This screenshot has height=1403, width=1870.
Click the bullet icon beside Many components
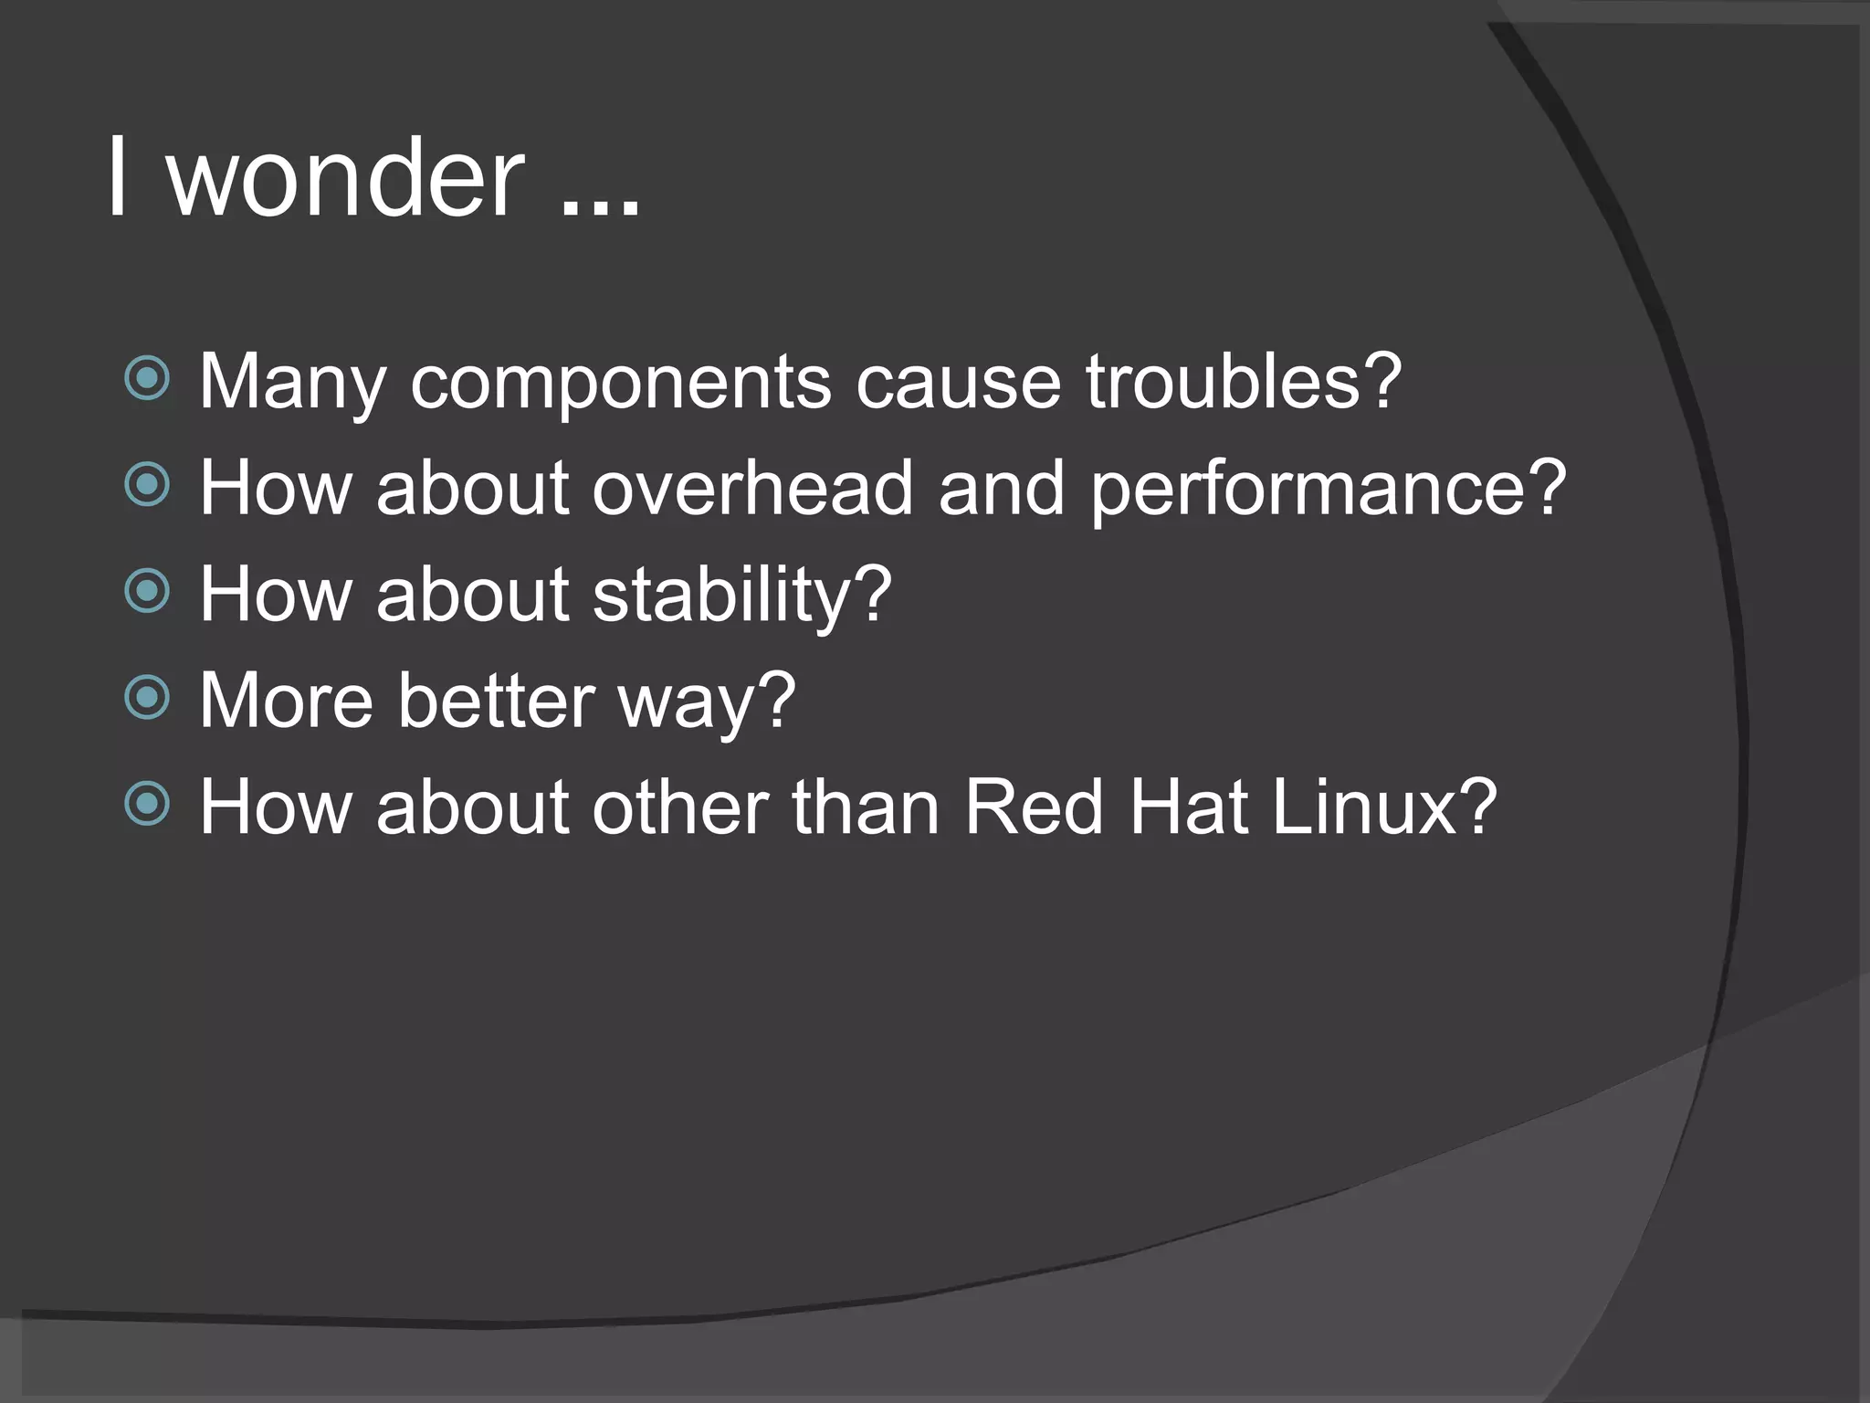147,379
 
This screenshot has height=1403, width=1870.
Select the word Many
292,382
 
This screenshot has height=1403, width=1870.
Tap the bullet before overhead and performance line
147,485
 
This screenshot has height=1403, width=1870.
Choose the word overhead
752,488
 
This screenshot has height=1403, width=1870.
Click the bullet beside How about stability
147,591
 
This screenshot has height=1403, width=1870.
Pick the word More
286,701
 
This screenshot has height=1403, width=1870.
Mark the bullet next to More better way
147,698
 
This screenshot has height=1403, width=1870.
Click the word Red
1033,807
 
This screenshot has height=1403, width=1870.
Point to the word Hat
1188,807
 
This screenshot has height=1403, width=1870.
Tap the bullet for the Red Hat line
147,804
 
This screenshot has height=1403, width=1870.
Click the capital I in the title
117,178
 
